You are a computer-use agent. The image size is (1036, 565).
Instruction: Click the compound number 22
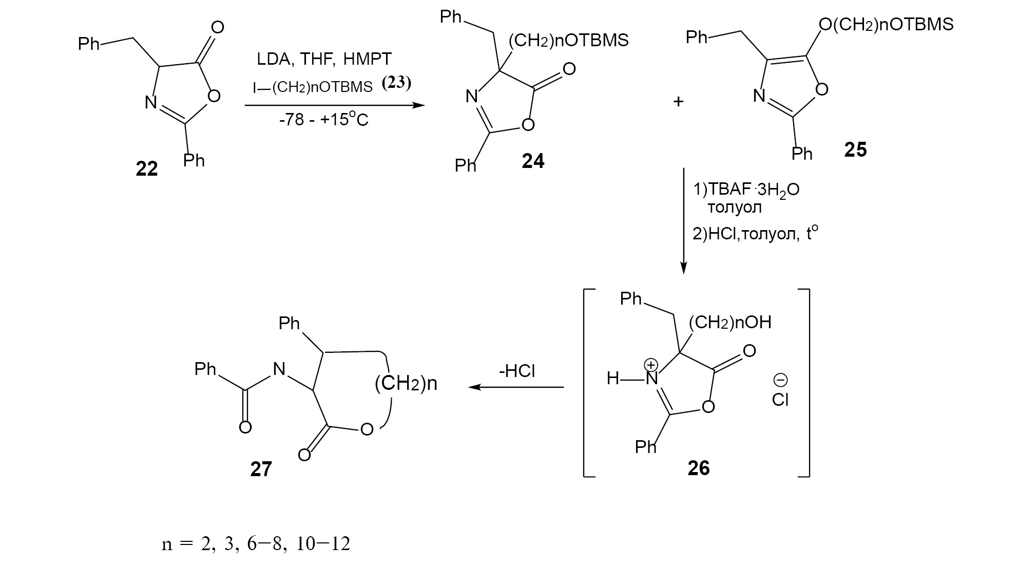point(146,168)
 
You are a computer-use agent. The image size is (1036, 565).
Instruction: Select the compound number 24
point(533,161)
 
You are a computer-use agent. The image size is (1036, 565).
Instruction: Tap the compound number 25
point(855,149)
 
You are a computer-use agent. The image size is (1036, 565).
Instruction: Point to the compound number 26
point(699,468)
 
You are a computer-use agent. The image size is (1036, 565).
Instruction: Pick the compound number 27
point(261,469)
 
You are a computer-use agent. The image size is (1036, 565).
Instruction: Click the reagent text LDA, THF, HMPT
point(324,59)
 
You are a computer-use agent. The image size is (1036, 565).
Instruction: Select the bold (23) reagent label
point(397,83)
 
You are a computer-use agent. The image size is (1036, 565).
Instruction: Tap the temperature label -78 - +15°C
point(324,121)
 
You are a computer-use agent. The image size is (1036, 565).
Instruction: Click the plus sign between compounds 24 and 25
point(679,102)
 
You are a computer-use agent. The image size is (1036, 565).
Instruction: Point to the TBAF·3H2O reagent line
point(746,190)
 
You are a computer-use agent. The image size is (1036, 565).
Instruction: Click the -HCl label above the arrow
point(517,371)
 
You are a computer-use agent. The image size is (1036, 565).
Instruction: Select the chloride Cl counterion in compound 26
point(780,400)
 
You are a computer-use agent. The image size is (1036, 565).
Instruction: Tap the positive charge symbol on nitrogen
point(651,365)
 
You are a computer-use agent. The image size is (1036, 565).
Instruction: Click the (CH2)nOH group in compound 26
point(730,323)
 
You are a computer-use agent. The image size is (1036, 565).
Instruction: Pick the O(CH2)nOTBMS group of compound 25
point(886,24)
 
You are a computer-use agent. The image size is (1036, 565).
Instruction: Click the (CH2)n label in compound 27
point(406,384)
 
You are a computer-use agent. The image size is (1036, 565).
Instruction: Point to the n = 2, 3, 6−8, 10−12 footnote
point(256,544)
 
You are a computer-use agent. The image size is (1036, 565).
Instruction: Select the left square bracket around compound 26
point(588,383)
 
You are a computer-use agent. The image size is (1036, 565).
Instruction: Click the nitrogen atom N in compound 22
point(150,102)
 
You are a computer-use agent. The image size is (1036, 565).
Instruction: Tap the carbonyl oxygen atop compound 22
point(218,27)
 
